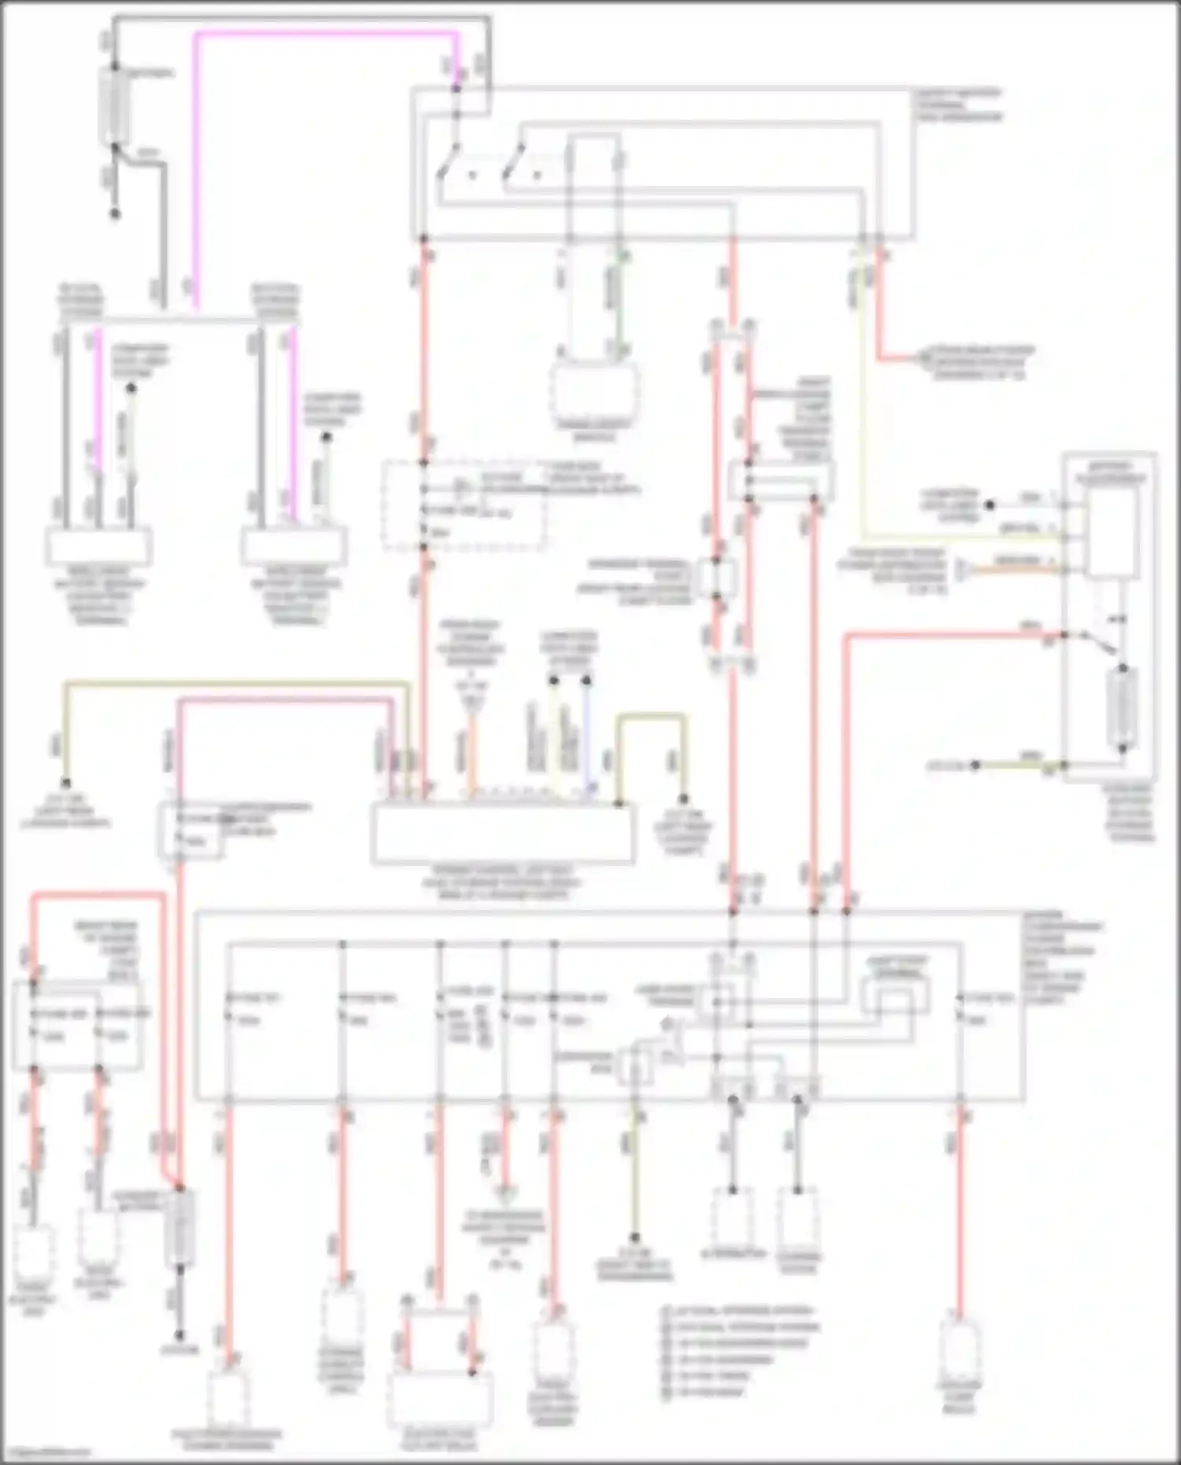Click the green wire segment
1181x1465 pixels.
pos(621,299)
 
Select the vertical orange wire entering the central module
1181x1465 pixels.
pos(472,756)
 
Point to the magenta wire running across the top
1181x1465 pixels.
pos(323,34)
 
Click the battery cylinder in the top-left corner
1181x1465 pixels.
pos(115,106)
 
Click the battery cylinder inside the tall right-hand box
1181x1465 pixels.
pos(1121,708)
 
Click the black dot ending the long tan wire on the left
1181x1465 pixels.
pos(67,784)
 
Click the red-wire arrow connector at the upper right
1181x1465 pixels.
pos(923,360)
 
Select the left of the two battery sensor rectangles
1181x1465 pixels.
pos(100,546)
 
